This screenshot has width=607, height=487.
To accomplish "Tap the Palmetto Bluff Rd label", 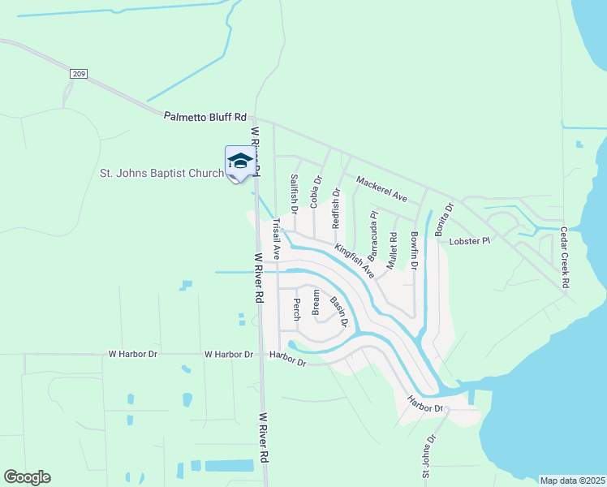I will click(x=204, y=118).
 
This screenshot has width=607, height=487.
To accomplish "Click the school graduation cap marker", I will click(x=239, y=161).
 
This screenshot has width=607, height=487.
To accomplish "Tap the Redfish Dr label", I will click(x=336, y=209).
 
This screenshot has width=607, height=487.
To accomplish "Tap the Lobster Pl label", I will click(x=471, y=241).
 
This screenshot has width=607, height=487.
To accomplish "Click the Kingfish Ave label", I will click(x=354, y=261).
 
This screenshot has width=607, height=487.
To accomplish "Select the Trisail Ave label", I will click(x=276, y=239).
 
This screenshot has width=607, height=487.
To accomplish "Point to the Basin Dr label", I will click(x=338, y=312).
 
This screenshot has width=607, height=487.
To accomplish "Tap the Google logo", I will click(x=27, y=477).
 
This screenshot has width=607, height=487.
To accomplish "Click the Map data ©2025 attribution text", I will click(x=571, y=481).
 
